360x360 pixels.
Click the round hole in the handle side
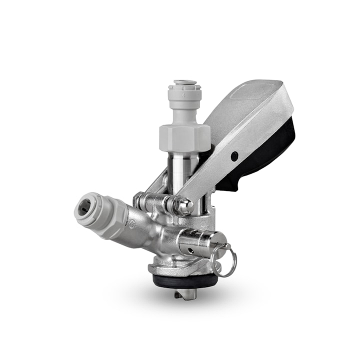coord(234,156)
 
